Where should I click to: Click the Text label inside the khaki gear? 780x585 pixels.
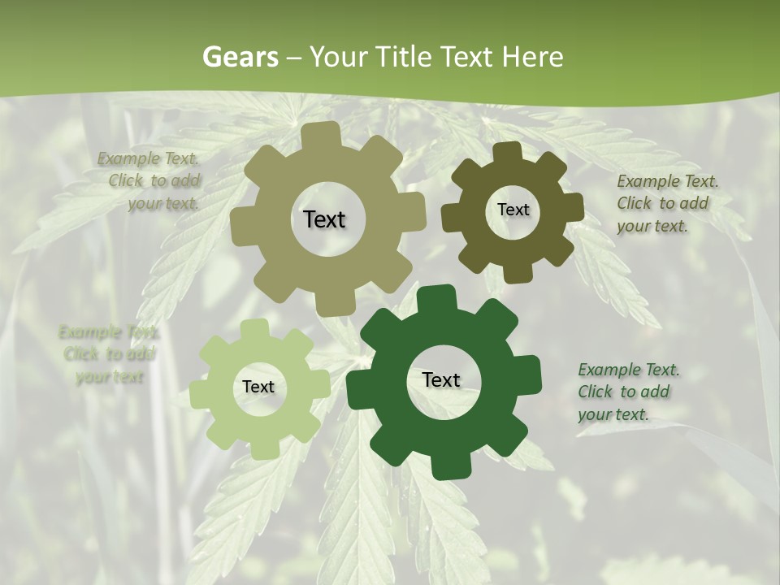tap(324, 219)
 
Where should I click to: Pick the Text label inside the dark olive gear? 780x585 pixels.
tap(513, 210)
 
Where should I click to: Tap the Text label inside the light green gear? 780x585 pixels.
tap(258, 387)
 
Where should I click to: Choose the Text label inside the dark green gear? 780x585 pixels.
tap(441, 380)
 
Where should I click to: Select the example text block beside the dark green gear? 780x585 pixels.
tap(628, 392)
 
